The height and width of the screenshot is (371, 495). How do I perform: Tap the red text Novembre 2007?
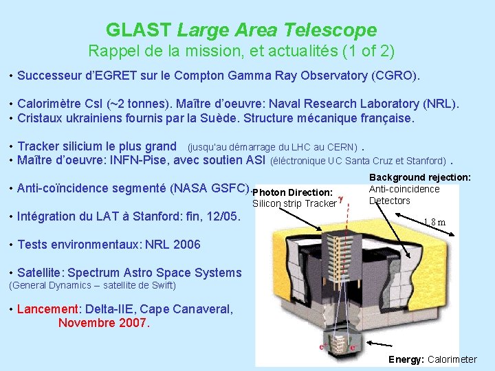point(103,322)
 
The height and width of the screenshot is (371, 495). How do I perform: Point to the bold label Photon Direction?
point(293,192)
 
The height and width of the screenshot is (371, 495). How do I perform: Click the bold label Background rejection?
point(419,177)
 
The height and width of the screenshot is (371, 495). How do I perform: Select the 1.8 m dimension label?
point(434,222)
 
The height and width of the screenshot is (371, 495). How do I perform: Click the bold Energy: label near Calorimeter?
point(406,359)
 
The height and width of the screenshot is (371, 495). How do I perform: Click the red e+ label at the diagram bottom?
point(353,348)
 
